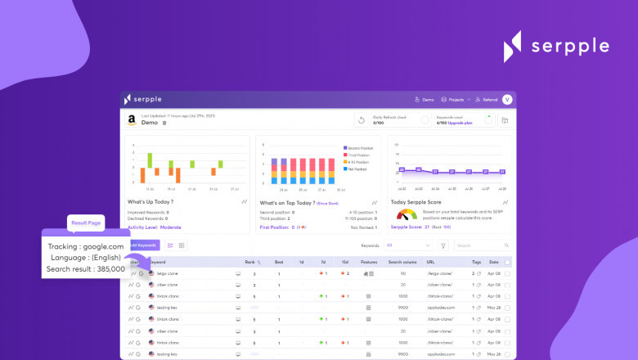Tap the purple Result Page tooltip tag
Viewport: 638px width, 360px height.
(x=86, y=222)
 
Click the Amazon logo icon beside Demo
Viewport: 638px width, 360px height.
(x=131, y=120)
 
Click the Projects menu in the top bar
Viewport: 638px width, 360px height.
(x=456, y=99)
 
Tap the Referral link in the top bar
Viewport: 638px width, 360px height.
(x=487, y=99)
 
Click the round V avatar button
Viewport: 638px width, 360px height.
(x=507, y=99)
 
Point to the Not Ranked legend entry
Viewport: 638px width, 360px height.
(x=356, y=169)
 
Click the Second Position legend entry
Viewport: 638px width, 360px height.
(x=356, y=148)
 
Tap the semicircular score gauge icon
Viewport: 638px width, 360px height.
(x=406, y=214)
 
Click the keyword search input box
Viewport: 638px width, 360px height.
(x=484, y=245)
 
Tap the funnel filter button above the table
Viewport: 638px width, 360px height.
(x=443, y=245)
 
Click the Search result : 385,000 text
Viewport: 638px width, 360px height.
(x=86, y=268)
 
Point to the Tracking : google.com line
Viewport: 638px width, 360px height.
(x=86, y=246)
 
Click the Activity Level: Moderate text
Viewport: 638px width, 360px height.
(x=155, y=227)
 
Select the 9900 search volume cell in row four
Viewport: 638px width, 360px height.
(x=402, y=308)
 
